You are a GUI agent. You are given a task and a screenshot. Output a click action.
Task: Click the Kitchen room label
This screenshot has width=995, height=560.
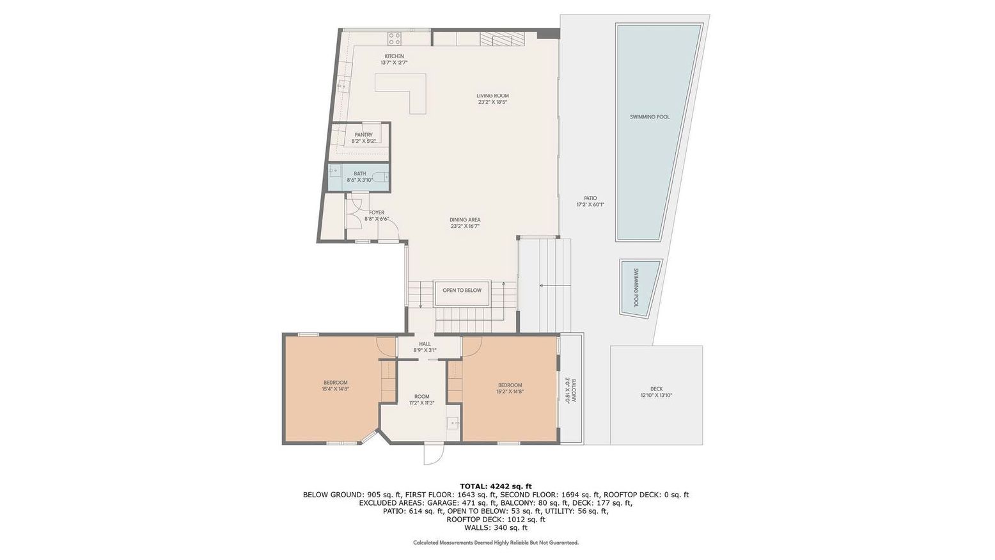(394, 56)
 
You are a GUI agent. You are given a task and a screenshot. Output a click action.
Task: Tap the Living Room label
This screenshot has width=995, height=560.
(492, 96)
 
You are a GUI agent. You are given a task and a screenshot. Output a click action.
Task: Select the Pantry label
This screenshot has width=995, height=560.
(363, 135)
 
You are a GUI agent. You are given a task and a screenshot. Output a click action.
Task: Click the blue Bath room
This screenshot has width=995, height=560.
(359, 177)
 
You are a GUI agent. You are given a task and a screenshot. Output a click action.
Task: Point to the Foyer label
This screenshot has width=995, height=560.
(377, 212)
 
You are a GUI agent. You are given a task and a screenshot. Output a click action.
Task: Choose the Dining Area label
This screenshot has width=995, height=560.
(464, 220)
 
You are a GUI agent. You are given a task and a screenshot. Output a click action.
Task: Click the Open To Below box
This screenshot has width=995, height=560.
(462, 291)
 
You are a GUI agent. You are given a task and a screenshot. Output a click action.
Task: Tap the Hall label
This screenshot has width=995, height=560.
(425, 344)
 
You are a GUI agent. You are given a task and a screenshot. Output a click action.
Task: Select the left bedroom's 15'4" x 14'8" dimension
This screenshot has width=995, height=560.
(335, 388)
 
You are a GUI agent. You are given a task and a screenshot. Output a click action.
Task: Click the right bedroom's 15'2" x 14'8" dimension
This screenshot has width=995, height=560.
(510, 391)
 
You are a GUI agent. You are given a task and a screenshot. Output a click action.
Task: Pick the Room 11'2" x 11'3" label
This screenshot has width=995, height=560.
(421, 399)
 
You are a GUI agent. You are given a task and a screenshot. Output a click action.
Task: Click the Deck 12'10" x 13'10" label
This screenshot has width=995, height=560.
(656, 392)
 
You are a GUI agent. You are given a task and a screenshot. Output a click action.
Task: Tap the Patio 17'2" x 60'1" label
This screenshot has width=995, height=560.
(590, 202)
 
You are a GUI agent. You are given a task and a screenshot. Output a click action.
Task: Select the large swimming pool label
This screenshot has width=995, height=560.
(650, 117)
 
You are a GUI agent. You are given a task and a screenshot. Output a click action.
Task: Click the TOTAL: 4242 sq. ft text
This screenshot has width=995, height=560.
(496, 486)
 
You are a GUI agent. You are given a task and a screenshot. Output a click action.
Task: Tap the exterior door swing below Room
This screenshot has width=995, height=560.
(433, 454)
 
